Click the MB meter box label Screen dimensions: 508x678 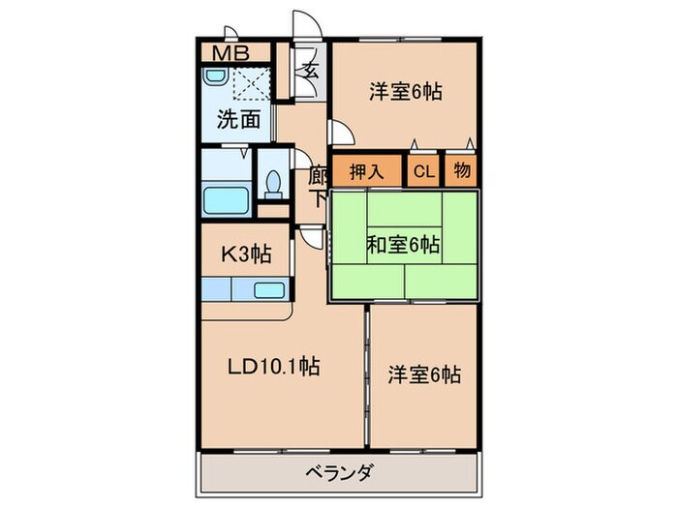[229, 53]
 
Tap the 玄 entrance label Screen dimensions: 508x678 [310, 70]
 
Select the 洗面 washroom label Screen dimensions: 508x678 [237, 120]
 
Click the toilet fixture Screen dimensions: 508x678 [273, 182]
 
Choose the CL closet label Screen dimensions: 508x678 [423, 172]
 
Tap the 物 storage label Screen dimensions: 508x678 [461, 172]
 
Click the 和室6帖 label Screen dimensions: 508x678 [403, 245]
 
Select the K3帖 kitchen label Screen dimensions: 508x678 [247, 254]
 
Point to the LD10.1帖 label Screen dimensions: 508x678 [274, 367]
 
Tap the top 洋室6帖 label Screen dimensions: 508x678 [405, 93]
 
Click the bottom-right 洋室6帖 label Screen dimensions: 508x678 [423, 374]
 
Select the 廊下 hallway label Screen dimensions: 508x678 [317, 187]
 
